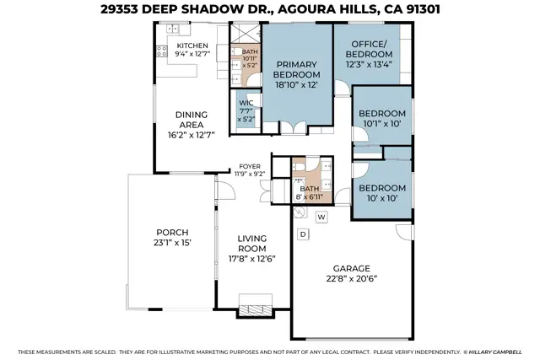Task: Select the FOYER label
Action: (250, 166)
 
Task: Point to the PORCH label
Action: (172, 232)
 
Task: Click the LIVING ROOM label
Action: (251, 244)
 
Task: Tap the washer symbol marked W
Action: (321, 217)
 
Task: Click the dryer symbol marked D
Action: (302, 233)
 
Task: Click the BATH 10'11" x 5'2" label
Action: (249, 57)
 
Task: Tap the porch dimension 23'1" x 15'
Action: (172, 243)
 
